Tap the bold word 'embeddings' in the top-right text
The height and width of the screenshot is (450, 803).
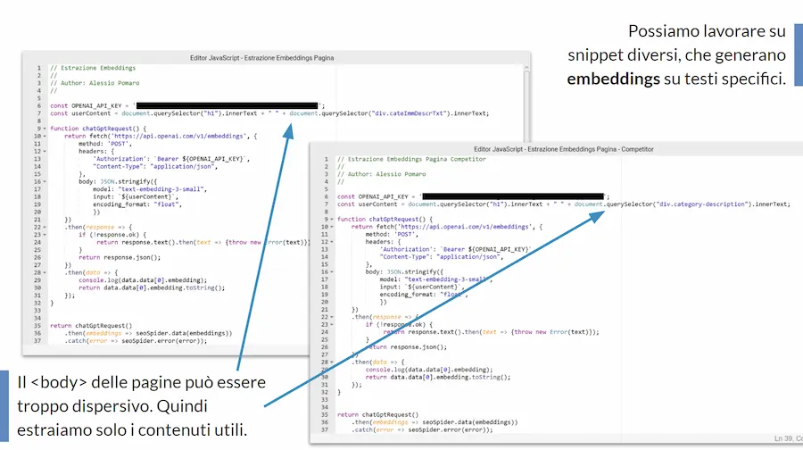point(612,79)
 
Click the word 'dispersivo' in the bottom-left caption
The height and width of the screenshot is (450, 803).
point(108,406)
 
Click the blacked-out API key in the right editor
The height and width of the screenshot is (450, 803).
point(513,196)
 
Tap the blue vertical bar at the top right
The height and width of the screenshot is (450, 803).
point(798,54)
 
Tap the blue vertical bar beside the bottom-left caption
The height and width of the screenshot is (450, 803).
point(4,405)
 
